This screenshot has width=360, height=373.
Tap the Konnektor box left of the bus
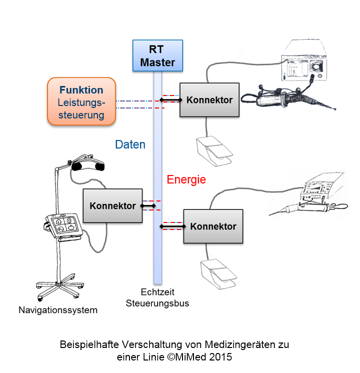112,205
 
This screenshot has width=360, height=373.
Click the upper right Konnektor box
209,100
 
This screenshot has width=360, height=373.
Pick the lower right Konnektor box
213,226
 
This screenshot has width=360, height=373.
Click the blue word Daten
130,145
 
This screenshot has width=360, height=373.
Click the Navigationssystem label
58,310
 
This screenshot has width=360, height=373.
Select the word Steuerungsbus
157,303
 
